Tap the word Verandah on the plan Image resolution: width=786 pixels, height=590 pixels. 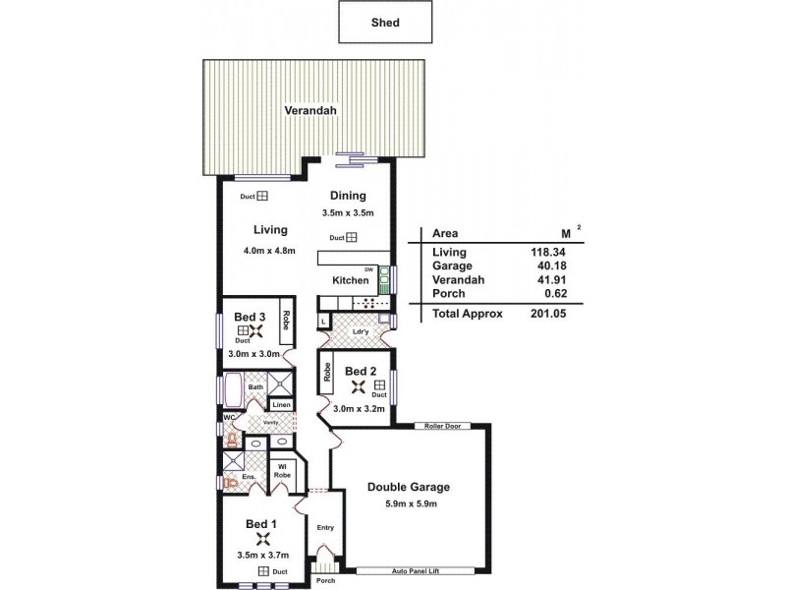pyautogui.click(x=310, y=111)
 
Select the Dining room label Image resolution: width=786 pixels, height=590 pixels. pyautogui.click(x=348, y=195)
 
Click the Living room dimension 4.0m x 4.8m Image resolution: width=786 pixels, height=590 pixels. pyautogui.click(x=269, y=251)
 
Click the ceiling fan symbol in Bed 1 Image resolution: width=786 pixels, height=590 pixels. pyautogui.click(x=262, y=538)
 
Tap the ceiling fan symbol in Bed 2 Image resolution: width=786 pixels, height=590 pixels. pyautogui.click(x=360, y=387)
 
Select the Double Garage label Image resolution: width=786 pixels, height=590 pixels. pyautogui.click(x=408, y=487)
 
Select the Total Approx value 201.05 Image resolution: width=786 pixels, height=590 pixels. pyautogui.click(x=548, y=314)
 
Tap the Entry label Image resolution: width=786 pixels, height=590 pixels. pyautogui.click(x=325, y=528)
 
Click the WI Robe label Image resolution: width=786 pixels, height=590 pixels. pyautogui.click(x=281, y=472)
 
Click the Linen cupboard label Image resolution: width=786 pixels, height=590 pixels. pyautogui.click(x=281, y=404)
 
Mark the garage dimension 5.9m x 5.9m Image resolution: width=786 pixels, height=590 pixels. pyautogui.click(x=408, y=504)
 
